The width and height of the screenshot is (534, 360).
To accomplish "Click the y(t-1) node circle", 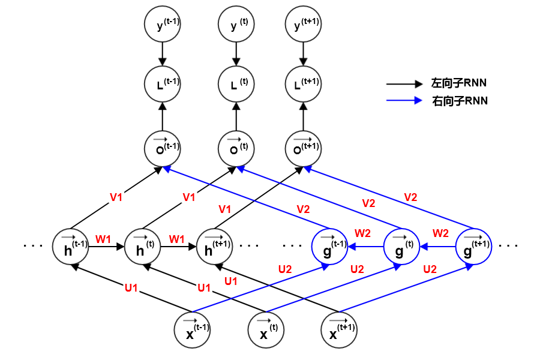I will [x=163, y=25].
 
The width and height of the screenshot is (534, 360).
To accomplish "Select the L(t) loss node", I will [x=236, y=85].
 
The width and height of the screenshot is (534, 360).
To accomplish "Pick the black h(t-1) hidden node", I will [x=71, y=246].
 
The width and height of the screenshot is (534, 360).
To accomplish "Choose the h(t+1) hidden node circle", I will [x=215, y=246].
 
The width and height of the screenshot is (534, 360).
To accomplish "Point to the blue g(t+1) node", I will [x=474, y=246].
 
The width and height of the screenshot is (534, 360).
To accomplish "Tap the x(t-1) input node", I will [x=192, y=330].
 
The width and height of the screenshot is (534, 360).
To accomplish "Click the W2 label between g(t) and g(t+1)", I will [x=441, y=233].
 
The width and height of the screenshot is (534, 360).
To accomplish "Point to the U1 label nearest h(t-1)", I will [x=132, y=289].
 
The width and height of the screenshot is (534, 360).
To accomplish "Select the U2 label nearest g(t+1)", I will [x=430, y=269].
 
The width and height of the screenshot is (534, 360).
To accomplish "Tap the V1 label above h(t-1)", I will [x=116, y=196].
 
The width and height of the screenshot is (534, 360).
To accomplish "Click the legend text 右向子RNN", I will [x=460, y=101].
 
